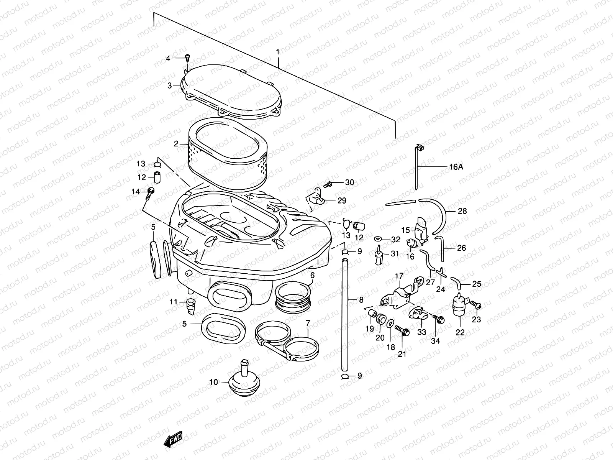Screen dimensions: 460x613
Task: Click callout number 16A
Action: pos(456,167)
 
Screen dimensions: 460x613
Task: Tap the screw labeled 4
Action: pos(187,58)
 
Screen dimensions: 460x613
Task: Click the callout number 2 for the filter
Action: pos(176,144)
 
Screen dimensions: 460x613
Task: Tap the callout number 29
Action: pos(341,200)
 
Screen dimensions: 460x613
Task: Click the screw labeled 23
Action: pos(476,305)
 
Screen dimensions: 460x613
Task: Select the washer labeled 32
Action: pos(379,239)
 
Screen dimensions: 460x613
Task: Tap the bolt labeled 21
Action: pos(402,330)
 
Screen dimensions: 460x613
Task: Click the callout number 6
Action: pos(312,275)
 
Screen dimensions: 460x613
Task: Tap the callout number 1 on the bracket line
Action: pos(278,51)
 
